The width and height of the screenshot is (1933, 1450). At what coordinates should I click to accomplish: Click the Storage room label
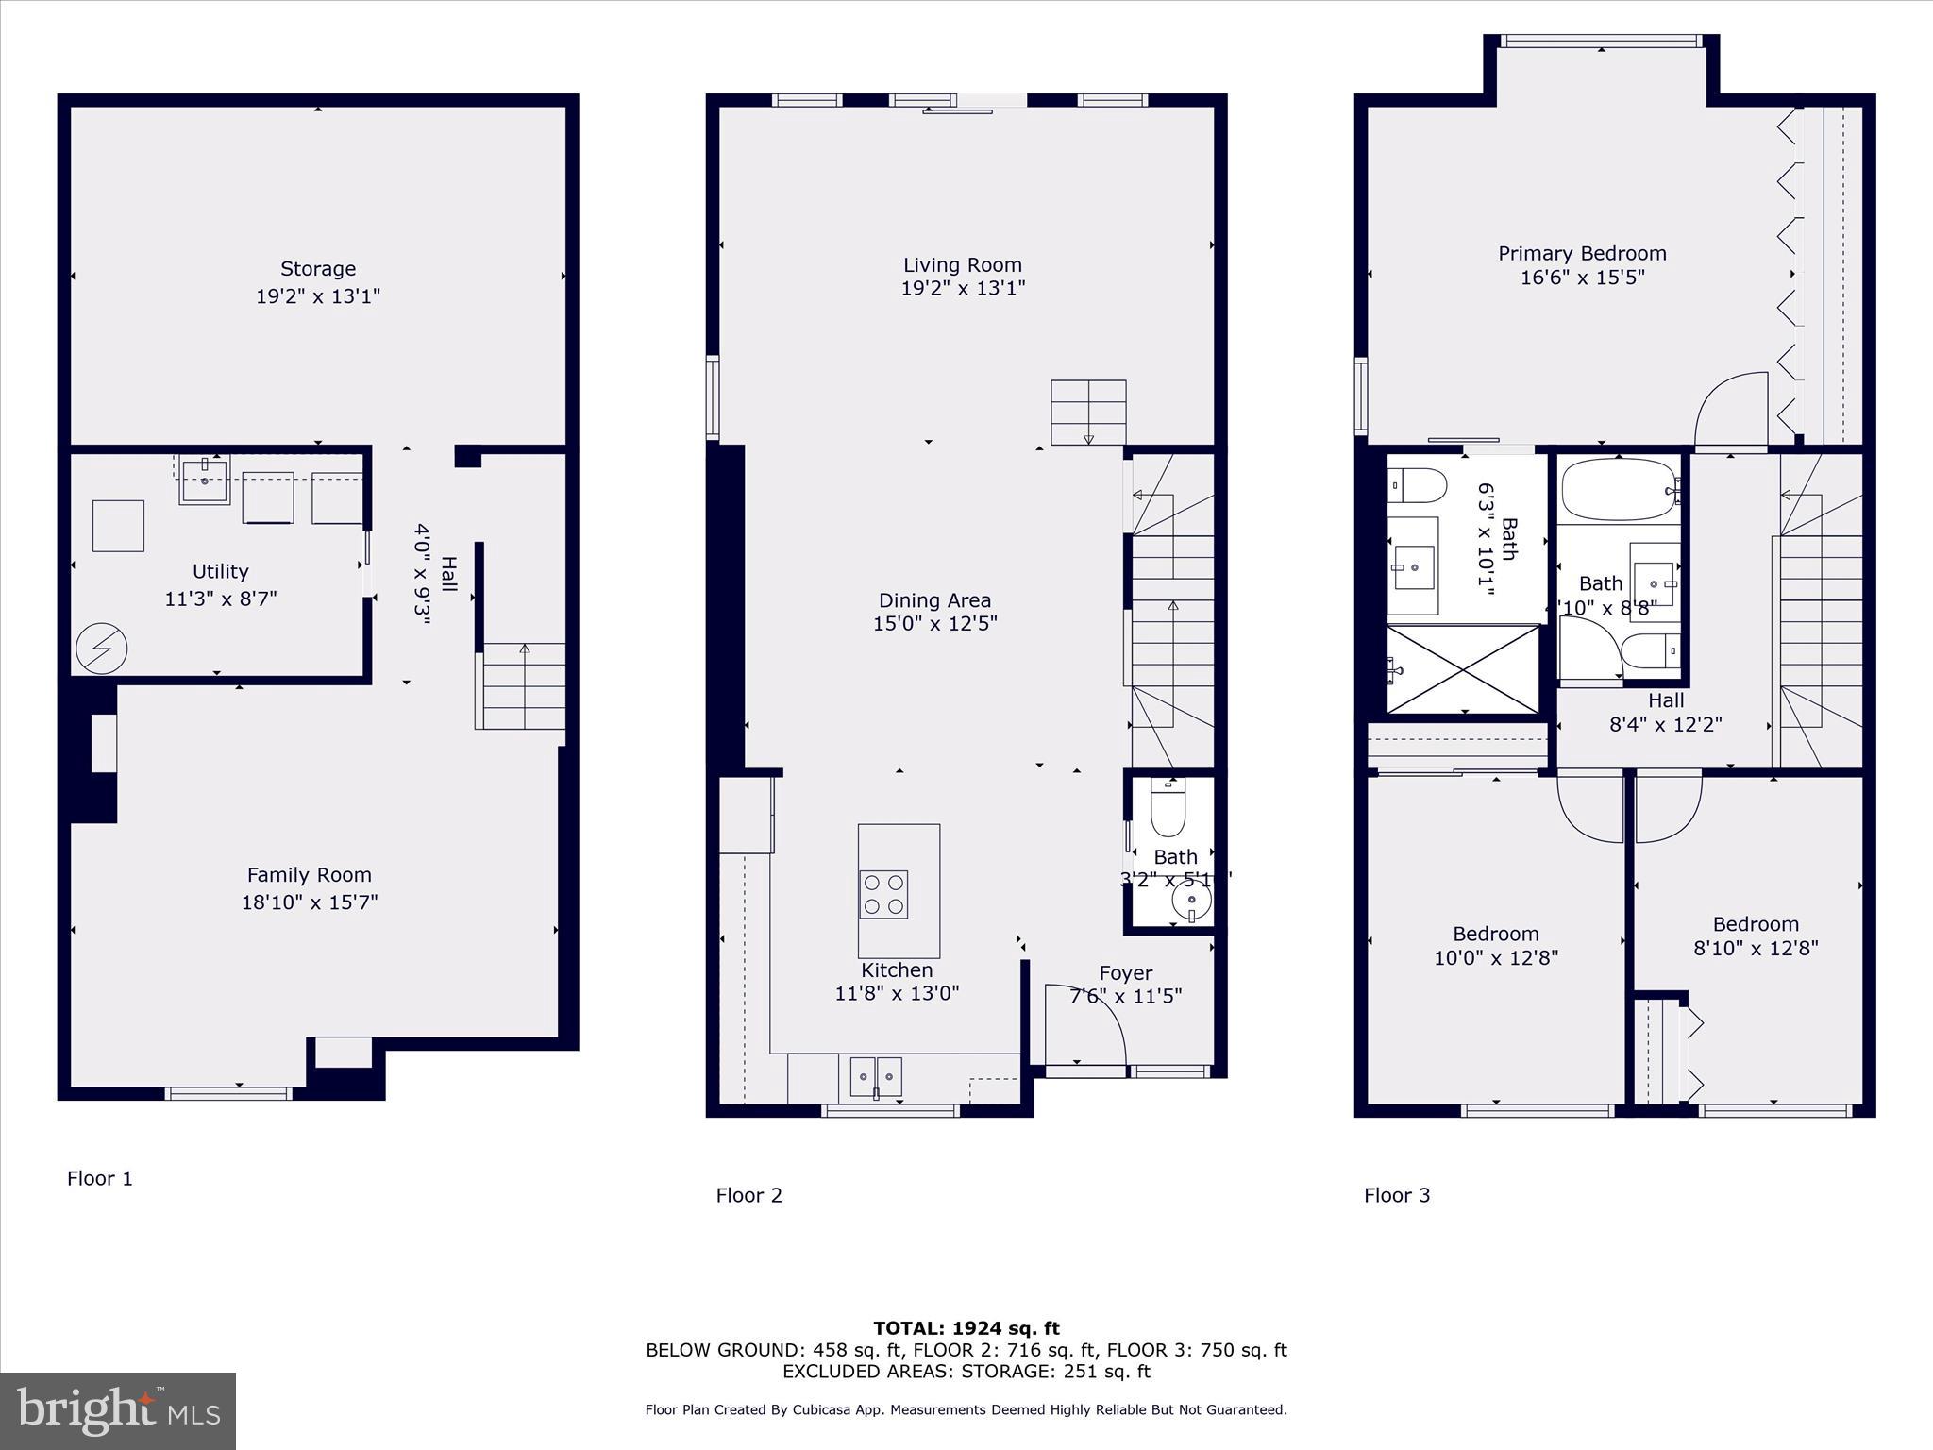(318, 269)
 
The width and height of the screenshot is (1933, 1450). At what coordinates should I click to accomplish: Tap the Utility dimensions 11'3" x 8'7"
(221, 599)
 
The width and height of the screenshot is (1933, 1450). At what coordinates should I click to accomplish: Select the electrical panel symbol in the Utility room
(102, 649)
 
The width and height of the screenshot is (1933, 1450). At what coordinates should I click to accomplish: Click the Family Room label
(310, 875)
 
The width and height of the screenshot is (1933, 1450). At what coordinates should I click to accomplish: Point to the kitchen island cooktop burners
(883, 894)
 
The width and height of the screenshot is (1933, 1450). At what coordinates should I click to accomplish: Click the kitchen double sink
(876, 1076)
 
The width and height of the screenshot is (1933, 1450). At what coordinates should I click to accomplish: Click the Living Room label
(963, 265)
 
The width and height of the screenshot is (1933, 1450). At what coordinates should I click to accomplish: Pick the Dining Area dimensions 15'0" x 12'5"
(934, 624)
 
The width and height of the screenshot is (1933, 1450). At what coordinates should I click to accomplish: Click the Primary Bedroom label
(1583, 253)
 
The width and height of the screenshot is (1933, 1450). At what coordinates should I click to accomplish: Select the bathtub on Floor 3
(1619, 490)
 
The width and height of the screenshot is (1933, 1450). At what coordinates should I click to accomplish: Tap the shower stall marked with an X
(1463, 669)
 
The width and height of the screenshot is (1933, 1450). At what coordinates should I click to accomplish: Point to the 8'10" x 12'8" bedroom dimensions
(1756, 948)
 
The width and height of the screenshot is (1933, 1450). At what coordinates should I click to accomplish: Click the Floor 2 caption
(749, 1195)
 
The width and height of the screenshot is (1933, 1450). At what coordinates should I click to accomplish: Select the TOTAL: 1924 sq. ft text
(966, 1328)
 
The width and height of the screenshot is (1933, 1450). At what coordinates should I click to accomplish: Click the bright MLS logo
(118, 1410)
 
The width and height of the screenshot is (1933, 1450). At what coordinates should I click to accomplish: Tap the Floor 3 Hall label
(1666, 700)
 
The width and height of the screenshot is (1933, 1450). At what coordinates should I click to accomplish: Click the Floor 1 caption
(100, 1178)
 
